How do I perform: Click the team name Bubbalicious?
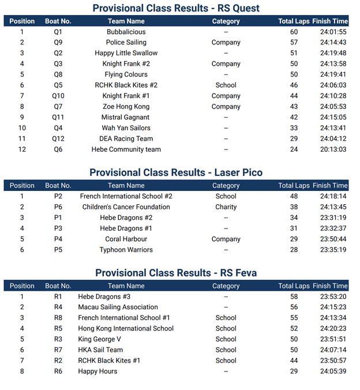126,32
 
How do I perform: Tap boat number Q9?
58,42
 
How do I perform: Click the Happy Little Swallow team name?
126,53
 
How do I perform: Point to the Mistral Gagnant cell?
126,117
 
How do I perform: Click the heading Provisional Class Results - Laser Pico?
176,172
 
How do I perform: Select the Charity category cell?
226,207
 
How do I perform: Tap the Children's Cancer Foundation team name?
126,207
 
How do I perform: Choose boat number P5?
58,250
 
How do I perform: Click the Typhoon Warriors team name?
126,250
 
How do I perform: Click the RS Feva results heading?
176,273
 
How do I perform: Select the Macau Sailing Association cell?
118,307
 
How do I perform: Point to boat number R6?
58,372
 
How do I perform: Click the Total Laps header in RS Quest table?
294,21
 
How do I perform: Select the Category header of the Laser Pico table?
226,186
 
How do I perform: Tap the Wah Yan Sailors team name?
126,128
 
